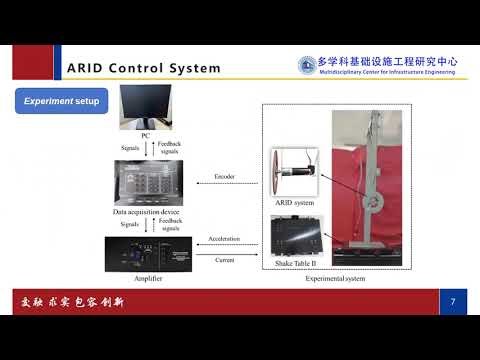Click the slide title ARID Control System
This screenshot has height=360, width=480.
click(142, 68)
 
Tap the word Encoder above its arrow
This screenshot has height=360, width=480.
click(224, 177)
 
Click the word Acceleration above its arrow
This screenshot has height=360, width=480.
click(224, 240)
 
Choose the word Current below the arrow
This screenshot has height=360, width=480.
click(224, 259)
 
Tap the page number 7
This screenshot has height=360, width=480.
click(452, 301)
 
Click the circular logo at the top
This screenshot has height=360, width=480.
click(306, 64)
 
